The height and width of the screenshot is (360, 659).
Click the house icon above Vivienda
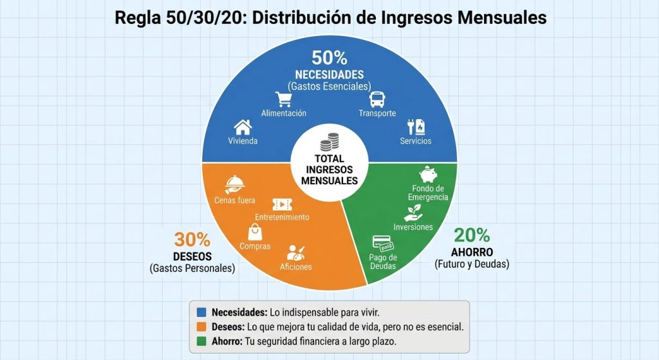tap(242, 127)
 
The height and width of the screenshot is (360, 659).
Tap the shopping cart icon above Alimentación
tap(283, 99)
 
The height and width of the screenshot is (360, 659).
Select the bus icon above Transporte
tap(376, 100)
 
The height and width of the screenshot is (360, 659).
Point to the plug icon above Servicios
tap(415, 126)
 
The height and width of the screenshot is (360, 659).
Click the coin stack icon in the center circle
tap(329, 141)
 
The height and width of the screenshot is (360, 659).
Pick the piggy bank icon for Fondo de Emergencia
tap(428, 175)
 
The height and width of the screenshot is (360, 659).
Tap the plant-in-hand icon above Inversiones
tap(413, 213)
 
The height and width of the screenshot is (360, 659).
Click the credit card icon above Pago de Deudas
tap(383, 243)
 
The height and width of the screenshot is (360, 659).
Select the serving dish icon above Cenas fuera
tap(234, 186)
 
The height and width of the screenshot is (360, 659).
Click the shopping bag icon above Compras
tap(255, 232)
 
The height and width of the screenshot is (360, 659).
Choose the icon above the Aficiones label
tap(295, 252)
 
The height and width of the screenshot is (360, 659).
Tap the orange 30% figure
tap(192, 240)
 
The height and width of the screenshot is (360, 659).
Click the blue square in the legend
tap(201, 312)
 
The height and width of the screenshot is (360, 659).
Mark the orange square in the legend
tap(201, 327)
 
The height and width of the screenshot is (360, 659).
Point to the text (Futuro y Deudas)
tap(472, 264)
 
